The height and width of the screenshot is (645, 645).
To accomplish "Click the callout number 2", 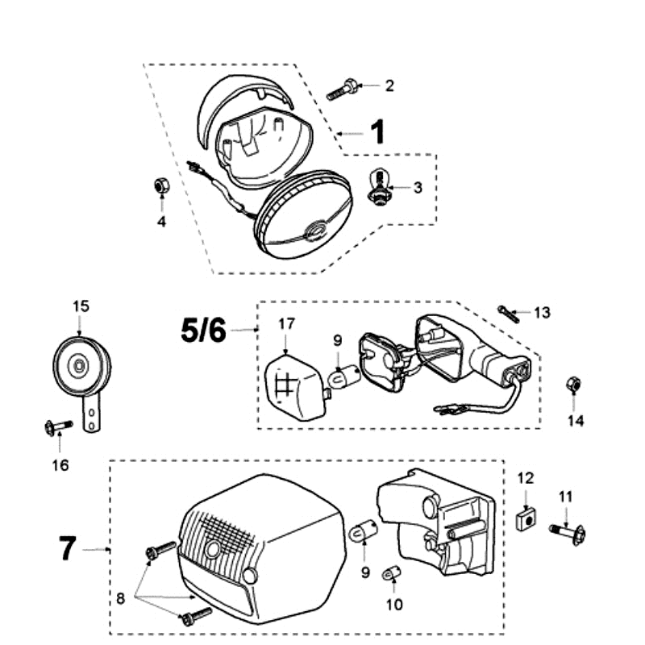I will pyautogui.click(x=389, y=85).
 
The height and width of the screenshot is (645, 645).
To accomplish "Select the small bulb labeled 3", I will pyautogui.click(x=379, y=186).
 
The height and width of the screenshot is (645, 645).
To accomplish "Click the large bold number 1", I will pyautogui.click(x=377, y=131).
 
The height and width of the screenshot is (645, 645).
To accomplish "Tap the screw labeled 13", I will pyautogui.click(x=508, y=312).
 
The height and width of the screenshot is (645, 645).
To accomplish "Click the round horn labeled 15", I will pyautogui.click(x=80, y=365).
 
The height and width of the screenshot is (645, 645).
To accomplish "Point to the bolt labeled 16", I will pyautogui.click(x=56, y=427).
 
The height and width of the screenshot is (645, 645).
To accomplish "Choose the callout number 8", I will pyautogui.click(x=120, y=599).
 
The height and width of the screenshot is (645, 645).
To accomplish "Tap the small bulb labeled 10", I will pyautogui.click(x=394, y=574).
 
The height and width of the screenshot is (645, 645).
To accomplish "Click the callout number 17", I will pyautogui.click(x=288, y=323).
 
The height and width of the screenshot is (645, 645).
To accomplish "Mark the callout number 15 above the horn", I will pyautogui.click(x=81, y=306).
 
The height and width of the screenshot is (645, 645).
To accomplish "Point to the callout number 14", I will pyautogui.click(x=575, y=420).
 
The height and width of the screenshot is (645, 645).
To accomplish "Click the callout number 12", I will pyautogui.click(x=526, y=478).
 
